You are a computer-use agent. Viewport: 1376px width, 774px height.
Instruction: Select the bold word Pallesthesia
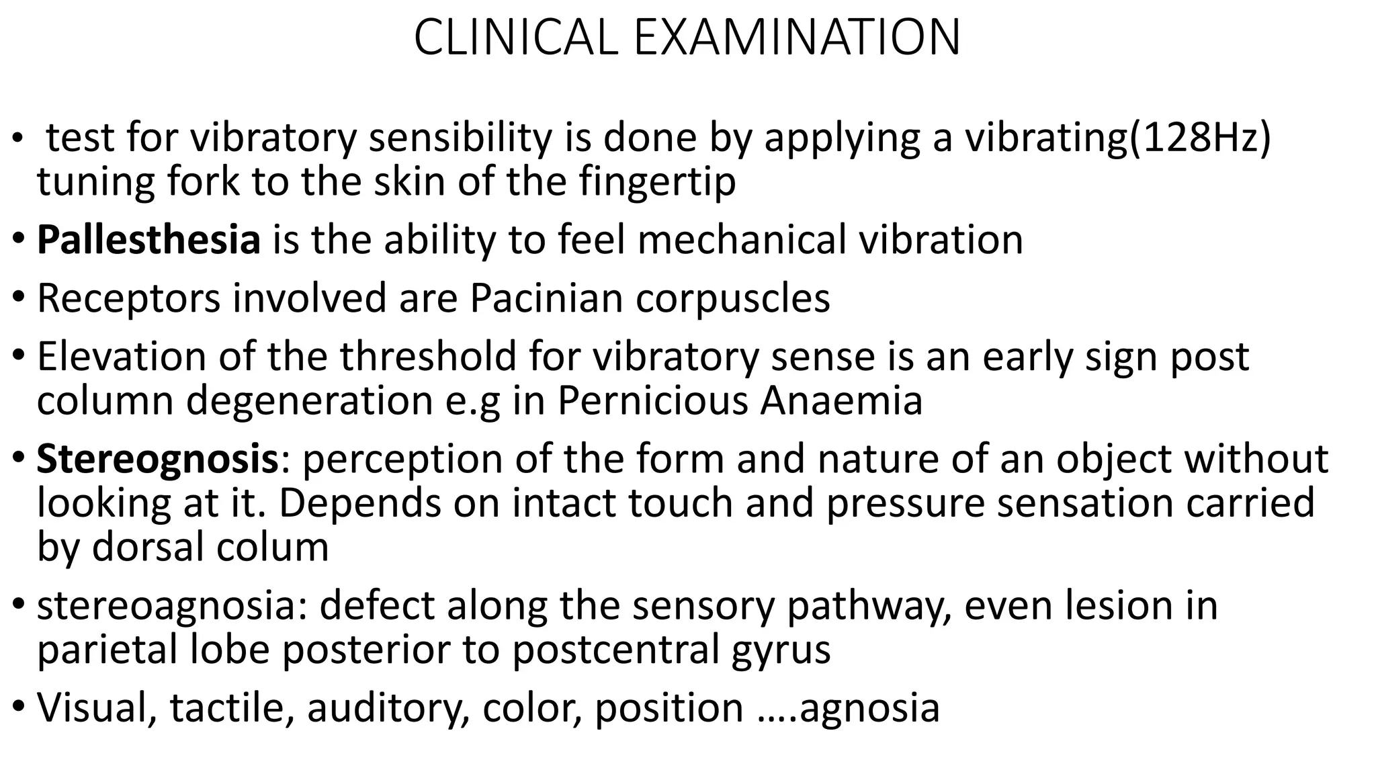148,240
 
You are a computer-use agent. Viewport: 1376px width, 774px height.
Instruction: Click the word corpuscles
733,299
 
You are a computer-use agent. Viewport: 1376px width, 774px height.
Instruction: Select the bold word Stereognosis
157,460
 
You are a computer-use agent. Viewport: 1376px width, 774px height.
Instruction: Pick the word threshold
428,356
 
